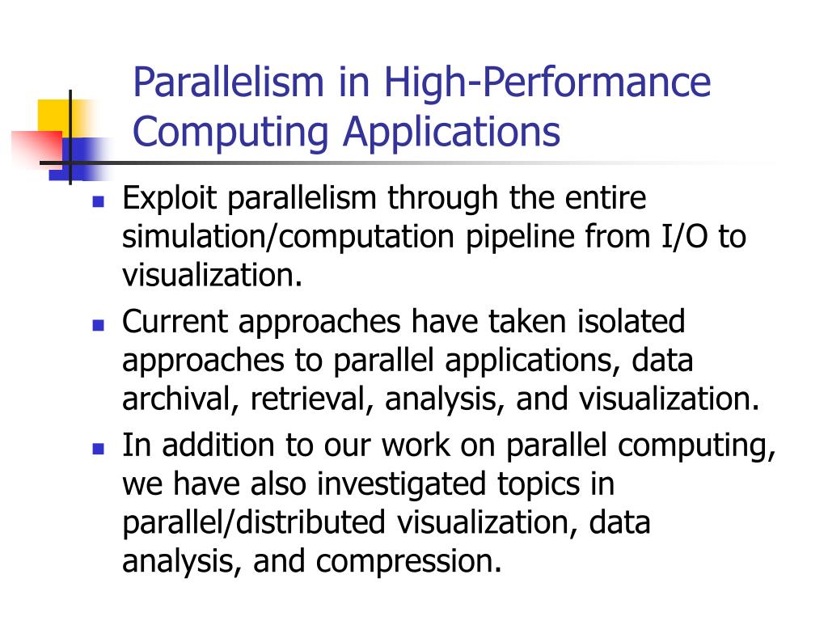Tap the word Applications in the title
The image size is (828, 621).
click(451, 133)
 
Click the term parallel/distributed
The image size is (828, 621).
click(254, 523)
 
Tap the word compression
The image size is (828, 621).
click(409, 562)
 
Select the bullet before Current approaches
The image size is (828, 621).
click(99, 325)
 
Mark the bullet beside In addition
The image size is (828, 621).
click(99, 448)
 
